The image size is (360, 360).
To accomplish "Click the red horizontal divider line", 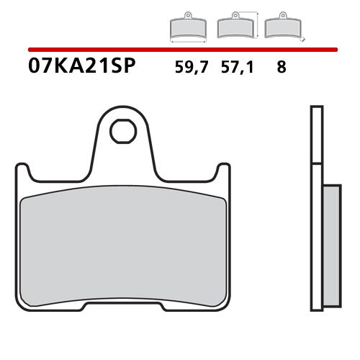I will tap(180, 50).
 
